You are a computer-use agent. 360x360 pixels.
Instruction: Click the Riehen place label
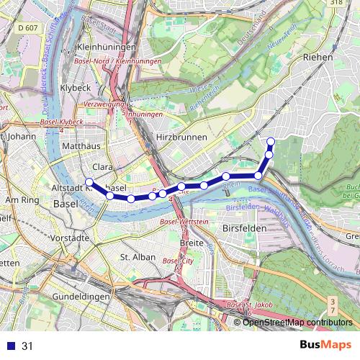[x=318, y=56]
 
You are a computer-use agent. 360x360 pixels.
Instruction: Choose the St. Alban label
[x=133, y=256]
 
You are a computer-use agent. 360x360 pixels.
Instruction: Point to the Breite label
[x=191, y=244]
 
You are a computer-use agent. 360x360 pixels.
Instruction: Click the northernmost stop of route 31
[x=271, y=141]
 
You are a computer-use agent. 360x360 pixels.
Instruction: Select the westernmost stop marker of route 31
[x=89, y=181]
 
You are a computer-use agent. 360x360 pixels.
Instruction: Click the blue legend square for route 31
[x=10, y=346]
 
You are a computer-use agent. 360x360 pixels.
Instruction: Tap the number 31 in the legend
[x=27, y=346]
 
